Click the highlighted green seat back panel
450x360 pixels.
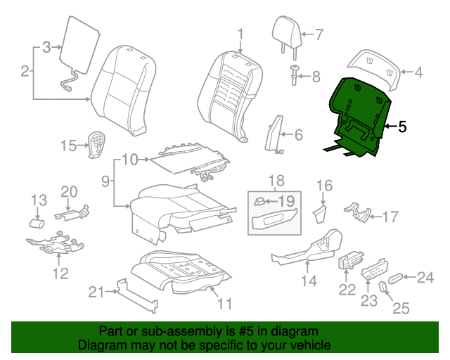(x=359, y=115)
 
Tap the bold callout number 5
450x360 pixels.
(x=402, y=127)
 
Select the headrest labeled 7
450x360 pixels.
(x=287, y=36)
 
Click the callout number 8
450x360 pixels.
(x=316, y=77)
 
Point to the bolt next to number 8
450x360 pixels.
(x=294, y=75)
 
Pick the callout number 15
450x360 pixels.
(x=69, y=146)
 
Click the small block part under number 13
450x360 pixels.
(x=37, y=224)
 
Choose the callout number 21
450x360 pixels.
(x=96, y=292)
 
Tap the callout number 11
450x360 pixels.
(x=225, y=304)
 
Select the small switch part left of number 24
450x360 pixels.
(x=395, y=278)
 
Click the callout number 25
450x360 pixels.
(x=401, y=309)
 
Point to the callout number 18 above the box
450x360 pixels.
(x=276, y=181)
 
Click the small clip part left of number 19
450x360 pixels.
(x=259, y=202)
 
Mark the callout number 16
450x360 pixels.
(x=325, y=186)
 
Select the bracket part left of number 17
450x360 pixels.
(x=357, y=213)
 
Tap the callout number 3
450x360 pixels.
(x=47, y=47)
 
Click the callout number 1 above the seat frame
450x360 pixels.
(x=240, y=34)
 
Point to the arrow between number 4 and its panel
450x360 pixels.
(x=406, y=72)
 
